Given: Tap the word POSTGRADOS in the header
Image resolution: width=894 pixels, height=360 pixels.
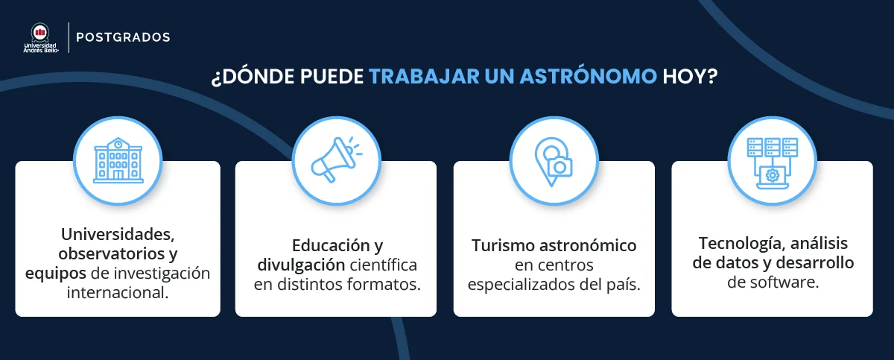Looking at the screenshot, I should (x=124, y=37).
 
